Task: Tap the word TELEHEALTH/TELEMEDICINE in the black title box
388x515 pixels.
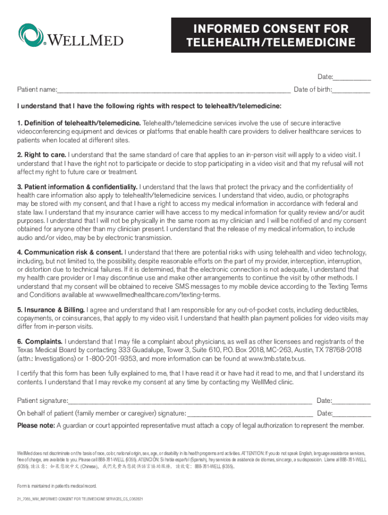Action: point(271,42)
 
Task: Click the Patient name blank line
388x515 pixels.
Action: point(173,90)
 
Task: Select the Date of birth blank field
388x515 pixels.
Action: point(351,90)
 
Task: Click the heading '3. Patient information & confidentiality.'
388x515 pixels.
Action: point(77,187)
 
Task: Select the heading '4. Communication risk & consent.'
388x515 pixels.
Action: point(70,252)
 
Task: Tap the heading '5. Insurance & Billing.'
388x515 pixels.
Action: point(51,309)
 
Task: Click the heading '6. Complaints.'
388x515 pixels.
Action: point(40,341)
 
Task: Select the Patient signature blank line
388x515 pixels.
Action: point(189,401)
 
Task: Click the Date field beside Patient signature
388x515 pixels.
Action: point(351,401)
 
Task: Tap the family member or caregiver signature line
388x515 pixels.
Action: point(249,413)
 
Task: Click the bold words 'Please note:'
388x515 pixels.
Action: point(36,425)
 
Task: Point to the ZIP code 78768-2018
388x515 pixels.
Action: point(331,350)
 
